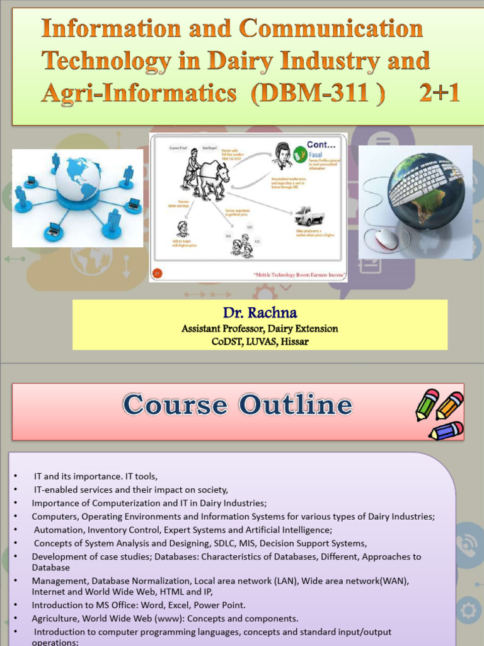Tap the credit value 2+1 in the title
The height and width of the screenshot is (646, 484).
point(440,93)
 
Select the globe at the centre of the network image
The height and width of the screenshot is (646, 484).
point(78,179)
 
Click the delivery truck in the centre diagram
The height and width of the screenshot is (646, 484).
point(309,216)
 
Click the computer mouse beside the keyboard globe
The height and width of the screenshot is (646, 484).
point(386,238)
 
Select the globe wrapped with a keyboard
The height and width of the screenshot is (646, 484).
point(425,189)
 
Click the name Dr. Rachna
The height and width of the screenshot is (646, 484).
point(260,313)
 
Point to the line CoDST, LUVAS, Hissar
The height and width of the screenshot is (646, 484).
point(260,342)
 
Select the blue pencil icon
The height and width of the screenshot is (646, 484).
point(446,431)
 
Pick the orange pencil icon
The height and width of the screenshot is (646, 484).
point(449,405)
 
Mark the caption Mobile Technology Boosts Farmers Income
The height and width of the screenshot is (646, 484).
point(290,274)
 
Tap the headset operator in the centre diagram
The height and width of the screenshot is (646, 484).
point(282,156)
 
